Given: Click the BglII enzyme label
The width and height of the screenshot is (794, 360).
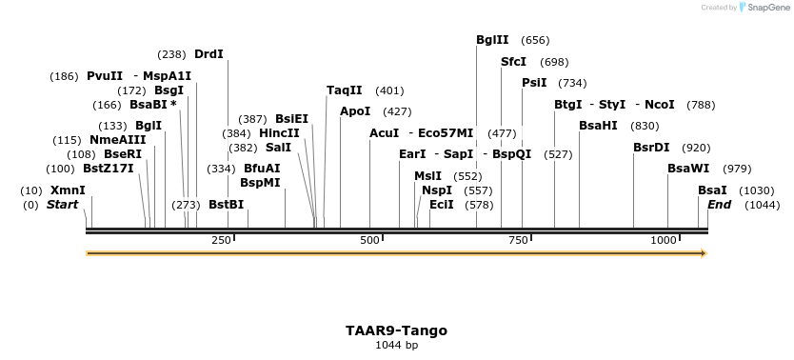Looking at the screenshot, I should click(x=492, y=40).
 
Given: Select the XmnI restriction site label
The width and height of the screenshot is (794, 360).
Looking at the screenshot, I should click(x=68, y=190).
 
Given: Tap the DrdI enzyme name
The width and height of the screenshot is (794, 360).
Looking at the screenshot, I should click(x=208, y=54).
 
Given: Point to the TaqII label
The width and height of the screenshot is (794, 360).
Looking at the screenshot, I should click(x=344, y=90).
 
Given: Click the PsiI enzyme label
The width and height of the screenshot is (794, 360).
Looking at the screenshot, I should click(x=534, y=83).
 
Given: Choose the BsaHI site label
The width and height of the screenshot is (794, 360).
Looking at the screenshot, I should click(x=598, y=126).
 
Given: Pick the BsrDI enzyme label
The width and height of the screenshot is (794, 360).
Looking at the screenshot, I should click(x=651, y=148).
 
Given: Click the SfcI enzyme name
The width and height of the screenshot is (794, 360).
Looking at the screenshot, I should click(x=513, y=62).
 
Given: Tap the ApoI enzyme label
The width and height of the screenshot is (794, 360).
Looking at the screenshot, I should click(x=355, y=111).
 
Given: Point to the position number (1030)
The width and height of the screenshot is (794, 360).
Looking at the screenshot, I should click(x=756, y=190).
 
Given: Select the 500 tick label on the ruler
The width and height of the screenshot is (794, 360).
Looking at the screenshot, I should click(x=370, y=240).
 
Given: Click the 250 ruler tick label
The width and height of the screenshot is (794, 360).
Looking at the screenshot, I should click(x=221, y=240).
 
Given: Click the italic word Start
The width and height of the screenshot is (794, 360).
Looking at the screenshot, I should click(x=62, y=205).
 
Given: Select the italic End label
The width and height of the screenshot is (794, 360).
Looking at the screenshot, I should click(x=719, y=205).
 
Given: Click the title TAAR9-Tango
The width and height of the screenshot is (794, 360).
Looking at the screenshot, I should click(x=396, y=330).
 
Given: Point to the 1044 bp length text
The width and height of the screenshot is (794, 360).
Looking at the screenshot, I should click(x=396, y=345).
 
